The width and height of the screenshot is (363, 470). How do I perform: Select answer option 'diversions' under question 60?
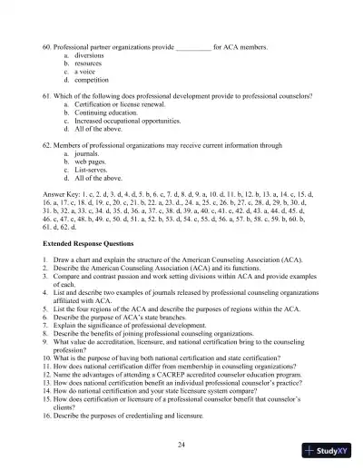tap(90, 54)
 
